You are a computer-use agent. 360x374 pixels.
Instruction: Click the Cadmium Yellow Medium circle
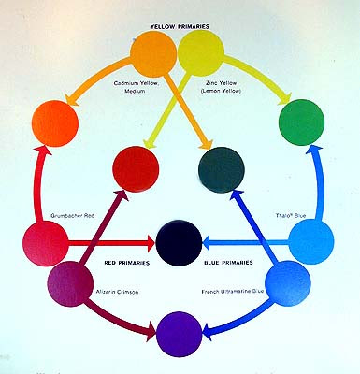155,54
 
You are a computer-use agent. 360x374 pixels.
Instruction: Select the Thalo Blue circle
311,240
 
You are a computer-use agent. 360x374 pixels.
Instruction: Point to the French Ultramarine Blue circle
288,280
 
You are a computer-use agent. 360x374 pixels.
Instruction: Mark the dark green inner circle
223,168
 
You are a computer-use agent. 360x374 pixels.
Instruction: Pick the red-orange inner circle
135,168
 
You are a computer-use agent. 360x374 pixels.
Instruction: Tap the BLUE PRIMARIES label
229,265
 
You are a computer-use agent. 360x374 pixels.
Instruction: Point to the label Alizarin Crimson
116,292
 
